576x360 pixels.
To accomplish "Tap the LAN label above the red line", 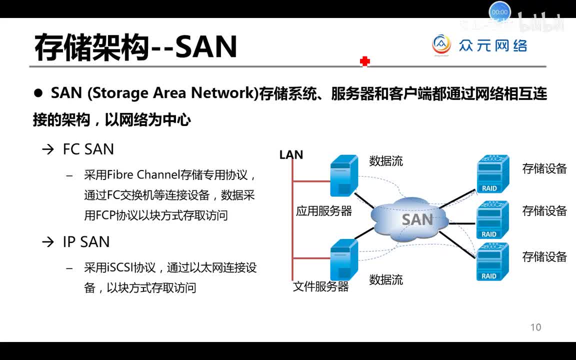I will coord(291,155).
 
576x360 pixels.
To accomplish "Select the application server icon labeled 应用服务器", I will coord(344,175).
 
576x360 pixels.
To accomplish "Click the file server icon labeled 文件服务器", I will coord(344,259).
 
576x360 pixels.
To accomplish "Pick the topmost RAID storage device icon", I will coord(492,174).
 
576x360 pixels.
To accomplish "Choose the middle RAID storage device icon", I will coord(492,219).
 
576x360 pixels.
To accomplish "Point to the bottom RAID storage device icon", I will coord(492,261).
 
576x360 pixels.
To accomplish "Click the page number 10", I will coord(535,327).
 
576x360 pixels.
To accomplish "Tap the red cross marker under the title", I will coord(364,61).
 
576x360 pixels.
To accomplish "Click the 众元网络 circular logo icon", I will coord(441,45).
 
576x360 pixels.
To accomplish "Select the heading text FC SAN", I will coord(88,149).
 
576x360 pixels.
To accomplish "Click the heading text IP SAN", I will coord(86,242).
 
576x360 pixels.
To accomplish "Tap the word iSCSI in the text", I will coord(119,267).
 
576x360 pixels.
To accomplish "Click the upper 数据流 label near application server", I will coord(386,161).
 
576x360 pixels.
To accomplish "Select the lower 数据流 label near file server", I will coord(386,279).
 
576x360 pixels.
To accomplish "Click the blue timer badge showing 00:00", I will coord(499,12).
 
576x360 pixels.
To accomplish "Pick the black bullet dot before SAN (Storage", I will coord(38,93).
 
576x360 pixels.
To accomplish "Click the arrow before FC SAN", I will coord(47,149).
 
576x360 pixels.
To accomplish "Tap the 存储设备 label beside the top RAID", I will coord(544,168).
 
